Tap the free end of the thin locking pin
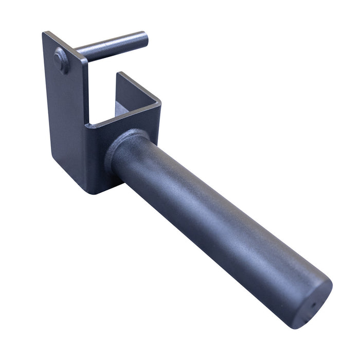[x=143, y=38]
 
